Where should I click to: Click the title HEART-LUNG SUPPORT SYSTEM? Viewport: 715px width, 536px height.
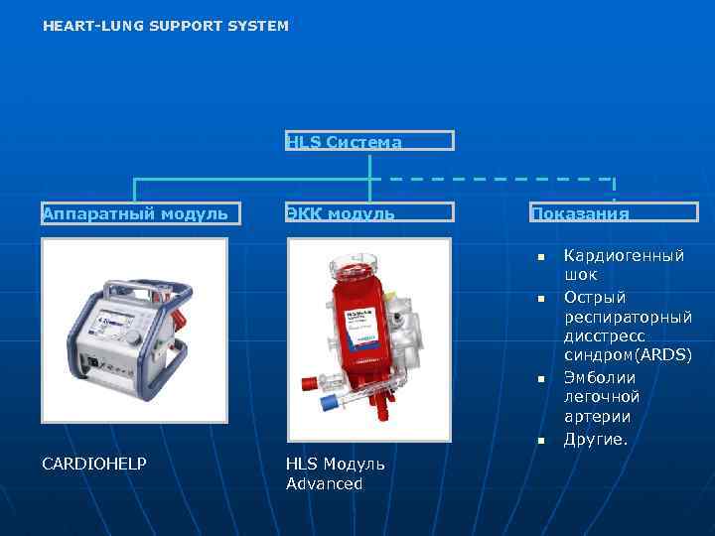tap(166, 26)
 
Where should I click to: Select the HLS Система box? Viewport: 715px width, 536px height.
tap(369, 141)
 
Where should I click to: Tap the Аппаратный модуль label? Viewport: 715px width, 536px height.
tap(135, 212)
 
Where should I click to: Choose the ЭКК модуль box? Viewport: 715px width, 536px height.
tap(369, 212)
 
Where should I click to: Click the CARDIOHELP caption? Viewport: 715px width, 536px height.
tap(94, 464)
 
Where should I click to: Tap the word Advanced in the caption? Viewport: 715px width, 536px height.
tap(325, 483)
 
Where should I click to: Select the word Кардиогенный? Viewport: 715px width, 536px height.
tap(624, 256)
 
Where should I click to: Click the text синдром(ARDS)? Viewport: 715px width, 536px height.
tap(628, 355)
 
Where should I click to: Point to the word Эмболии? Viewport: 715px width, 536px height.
tap(600, 377)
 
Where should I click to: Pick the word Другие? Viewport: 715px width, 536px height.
tap(596, 438)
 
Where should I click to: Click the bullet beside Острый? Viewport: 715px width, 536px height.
tap(542, 298)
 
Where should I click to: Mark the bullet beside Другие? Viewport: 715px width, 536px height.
tap(542, 440)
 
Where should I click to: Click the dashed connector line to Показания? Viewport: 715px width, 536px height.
tap(497, 179)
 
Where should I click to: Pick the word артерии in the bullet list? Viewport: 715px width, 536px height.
tap(597, 417)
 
